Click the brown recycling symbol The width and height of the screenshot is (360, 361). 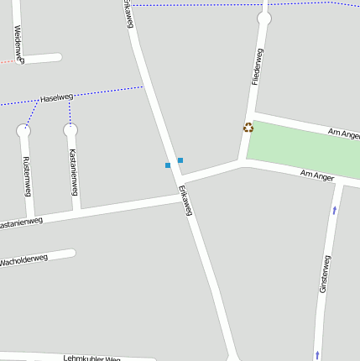(x=248, y=128)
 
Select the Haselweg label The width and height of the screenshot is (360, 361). (x=56, y=98)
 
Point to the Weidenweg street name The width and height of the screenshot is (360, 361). (x=18, y=43)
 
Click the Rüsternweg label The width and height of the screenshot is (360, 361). (x=28, y=172)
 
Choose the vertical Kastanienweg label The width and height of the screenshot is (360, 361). (x=74, y=168)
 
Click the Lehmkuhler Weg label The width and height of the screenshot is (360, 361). (x=91, y=358)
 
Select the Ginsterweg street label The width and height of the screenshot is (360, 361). (x=324, y=274)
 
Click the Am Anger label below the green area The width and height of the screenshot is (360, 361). (x=317, y=175)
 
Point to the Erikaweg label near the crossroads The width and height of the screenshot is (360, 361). (x=185, y=201)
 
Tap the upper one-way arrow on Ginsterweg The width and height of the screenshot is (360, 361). (x=335, y=209)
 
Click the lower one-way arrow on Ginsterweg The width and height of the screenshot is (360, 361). (x=317, y=354)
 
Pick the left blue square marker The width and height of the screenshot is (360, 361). (x=168, y=165)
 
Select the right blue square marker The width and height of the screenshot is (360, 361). (x=180, y=160)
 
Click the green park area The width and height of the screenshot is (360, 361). (x=302, y=147)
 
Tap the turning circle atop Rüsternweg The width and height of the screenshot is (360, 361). (x=23, y=130)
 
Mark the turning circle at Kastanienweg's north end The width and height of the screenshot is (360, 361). (x=70, y=130)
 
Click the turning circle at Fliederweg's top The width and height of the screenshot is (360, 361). (x=264, y=18)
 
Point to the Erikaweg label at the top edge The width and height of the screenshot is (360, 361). (x=128, y=13)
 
